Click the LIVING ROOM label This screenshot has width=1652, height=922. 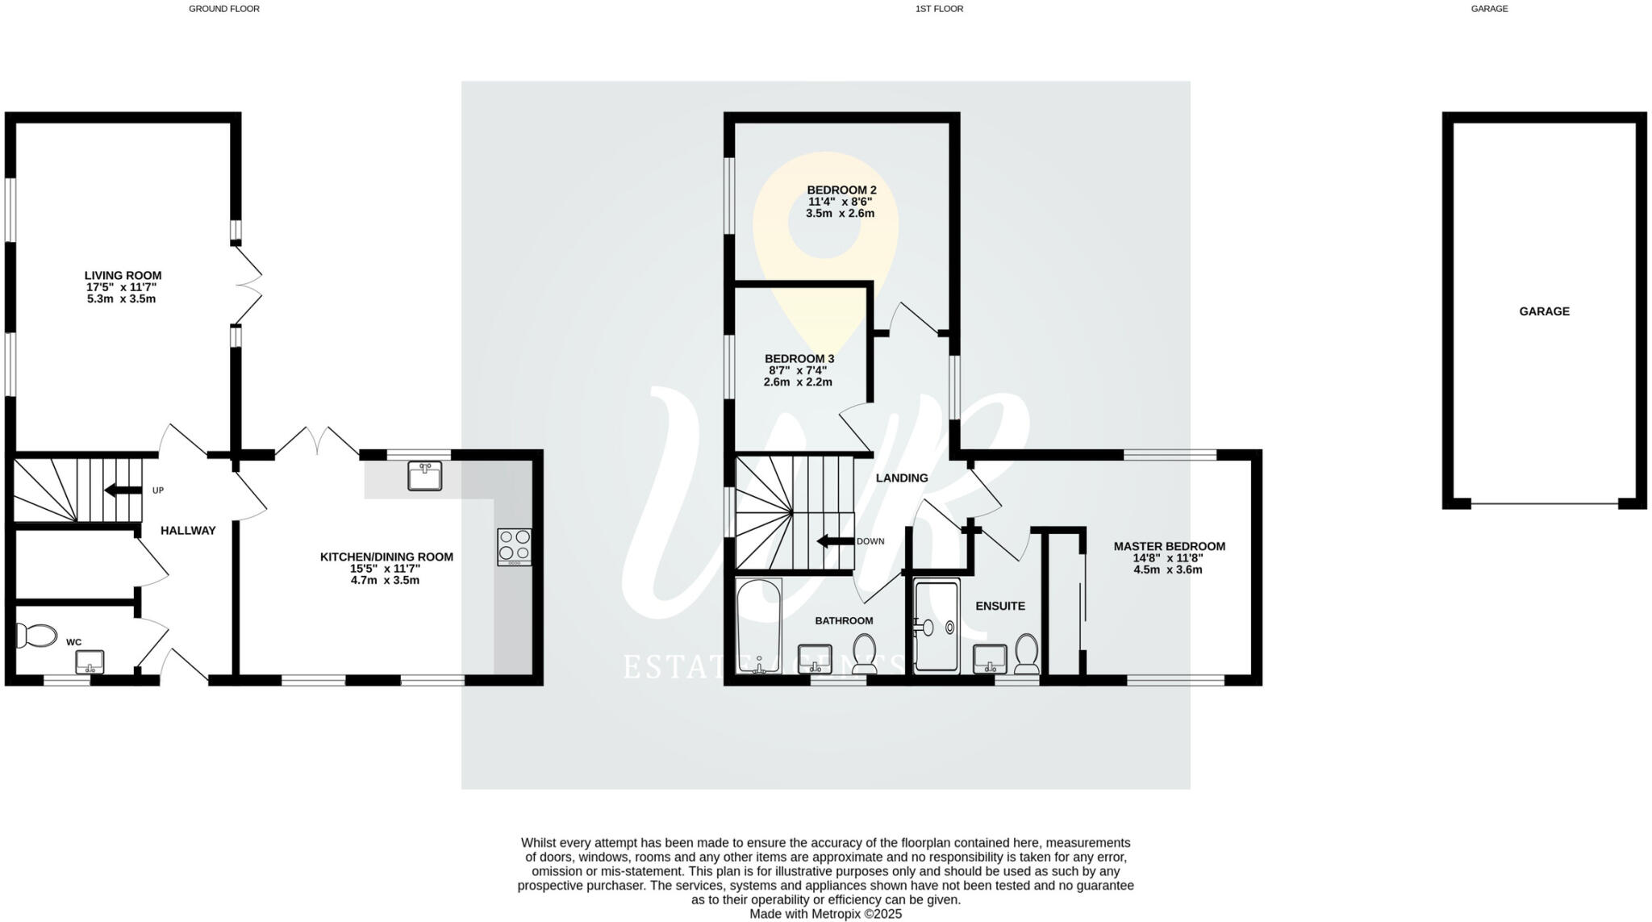123,276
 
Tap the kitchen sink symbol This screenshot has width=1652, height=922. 424,476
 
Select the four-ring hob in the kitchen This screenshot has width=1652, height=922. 515,545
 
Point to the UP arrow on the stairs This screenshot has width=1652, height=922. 122,490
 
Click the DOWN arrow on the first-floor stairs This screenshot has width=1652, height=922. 835,541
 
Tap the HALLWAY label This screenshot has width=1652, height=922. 188,531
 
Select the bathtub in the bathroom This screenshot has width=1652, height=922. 758,626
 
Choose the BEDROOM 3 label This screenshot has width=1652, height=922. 799,359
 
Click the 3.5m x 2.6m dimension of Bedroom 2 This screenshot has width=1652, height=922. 840,214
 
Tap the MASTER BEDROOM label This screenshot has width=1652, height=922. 1169,546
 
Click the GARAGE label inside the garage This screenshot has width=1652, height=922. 1544,311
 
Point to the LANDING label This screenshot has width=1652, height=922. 902,478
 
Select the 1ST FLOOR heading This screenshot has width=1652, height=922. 939,9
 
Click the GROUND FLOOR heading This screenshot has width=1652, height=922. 224,9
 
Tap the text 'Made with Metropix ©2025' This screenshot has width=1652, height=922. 825,914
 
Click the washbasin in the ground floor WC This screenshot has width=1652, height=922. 90,662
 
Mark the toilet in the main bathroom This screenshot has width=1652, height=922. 865,653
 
